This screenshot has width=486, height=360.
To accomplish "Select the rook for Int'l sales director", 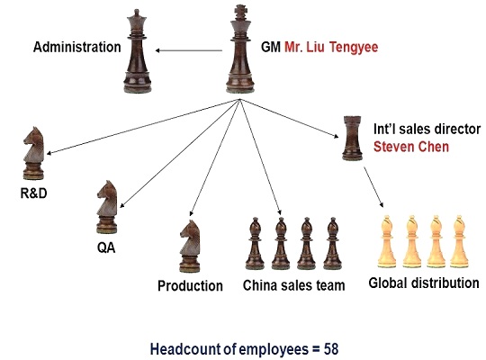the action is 353,138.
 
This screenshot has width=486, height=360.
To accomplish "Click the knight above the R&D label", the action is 34,153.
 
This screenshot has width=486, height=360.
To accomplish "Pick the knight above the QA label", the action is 107,207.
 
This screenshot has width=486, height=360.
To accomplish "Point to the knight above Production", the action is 190,247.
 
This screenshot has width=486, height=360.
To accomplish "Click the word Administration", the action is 76,47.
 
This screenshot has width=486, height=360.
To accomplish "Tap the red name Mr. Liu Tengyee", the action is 331,47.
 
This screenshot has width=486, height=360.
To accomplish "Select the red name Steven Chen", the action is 411,147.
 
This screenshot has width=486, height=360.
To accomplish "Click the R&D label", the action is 34,193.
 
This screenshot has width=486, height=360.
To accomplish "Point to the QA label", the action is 106,247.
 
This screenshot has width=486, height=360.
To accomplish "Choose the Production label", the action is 190,285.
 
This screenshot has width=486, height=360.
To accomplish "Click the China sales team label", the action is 293,285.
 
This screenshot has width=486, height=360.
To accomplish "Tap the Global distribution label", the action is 424,283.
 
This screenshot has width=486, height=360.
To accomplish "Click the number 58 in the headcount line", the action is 331,349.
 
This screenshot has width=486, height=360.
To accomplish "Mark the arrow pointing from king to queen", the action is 188,50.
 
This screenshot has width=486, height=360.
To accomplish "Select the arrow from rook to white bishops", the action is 373,187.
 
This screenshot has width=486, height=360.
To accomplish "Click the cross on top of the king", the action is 240,12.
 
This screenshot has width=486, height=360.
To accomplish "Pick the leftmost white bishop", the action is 387,241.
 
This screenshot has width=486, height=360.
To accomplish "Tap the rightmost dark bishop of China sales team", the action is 333,243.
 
